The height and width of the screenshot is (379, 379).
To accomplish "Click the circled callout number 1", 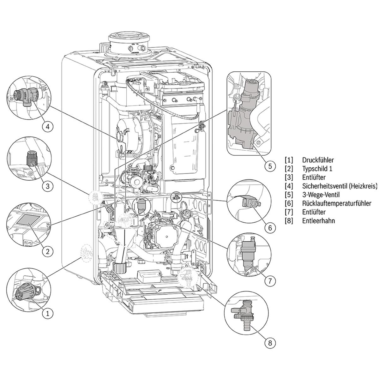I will pyautogui.click(x=48, y=313).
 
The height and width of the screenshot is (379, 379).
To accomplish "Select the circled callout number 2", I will pyautogui.click(x=48, y=251).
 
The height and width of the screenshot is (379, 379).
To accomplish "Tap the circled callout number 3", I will pyautogui.click(x=48, y=186).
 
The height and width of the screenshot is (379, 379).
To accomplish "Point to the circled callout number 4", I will pyautogui.click(x=48, y=127).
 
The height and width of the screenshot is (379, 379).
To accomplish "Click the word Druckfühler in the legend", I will pyautogui.click(x=317, y=160).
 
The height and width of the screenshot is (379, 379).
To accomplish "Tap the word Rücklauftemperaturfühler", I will pyautogui.click(x=336, y=204).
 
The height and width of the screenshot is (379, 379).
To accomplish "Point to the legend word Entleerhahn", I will pyautogui.click(x=318, y=221).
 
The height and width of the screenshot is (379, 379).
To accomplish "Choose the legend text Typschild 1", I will pyautogui.click(x=317, y=169).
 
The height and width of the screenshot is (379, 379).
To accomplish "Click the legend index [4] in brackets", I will pyautogui.click(x=289, y=186).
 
